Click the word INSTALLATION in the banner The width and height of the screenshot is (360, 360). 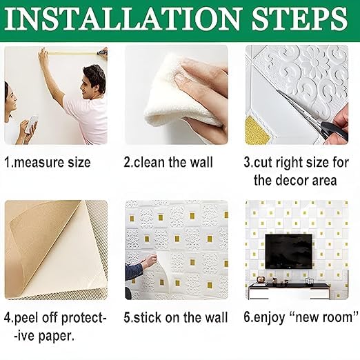[x=123, y=19]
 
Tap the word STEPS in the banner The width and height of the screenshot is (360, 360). [x=299, y=19]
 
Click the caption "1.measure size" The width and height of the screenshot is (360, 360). [x=48, y=162]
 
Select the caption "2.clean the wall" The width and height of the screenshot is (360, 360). [x=168, y=162]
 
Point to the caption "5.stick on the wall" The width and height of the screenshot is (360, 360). [x=176, y=317]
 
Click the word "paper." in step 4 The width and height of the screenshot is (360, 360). [x=57, y=337]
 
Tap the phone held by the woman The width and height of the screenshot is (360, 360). [x=32, y=123]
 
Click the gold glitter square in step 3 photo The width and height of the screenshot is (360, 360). [x=256, y=130]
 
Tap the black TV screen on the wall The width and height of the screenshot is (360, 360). [x=289, y=252]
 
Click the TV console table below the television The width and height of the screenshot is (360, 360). [x=289, y=290]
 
